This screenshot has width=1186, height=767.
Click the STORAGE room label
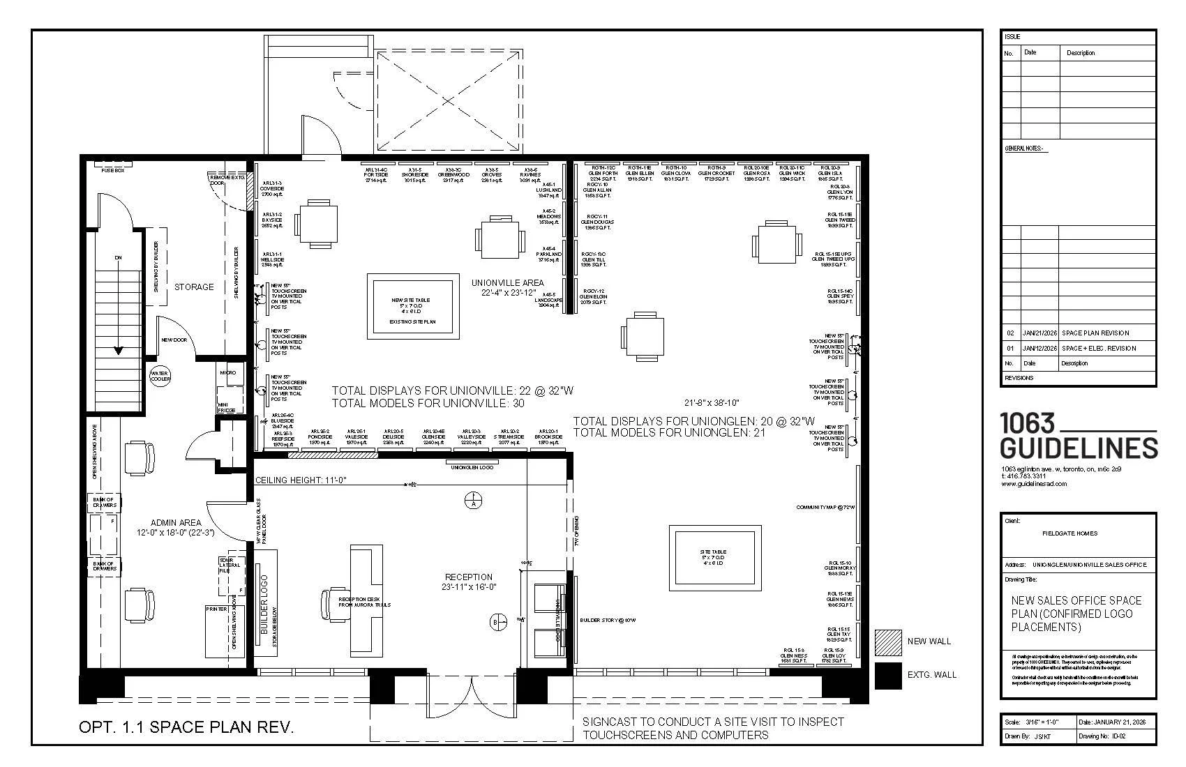[x=194, y=287]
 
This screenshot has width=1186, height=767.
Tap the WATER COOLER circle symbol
[x=160, y=377]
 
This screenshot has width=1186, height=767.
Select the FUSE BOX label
[x=112, y=170]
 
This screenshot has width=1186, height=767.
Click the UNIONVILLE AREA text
[x=507, y=282]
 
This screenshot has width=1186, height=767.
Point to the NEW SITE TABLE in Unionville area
[x=413, y=305]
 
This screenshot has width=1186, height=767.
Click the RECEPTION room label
[x=469, y=577]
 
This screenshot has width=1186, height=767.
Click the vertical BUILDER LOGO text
[x=264, y=605]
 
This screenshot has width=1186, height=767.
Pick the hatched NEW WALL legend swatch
[x=888, y=642]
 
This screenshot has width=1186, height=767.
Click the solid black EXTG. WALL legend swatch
[x=888, y=676]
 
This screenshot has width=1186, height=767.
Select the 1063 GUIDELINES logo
[x=1078, y=436]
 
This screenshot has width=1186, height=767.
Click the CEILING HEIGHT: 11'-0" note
[x=300, y=480]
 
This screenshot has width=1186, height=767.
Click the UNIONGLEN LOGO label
[x=472, y=467]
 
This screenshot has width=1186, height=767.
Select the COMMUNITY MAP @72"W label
[x=825, y=508]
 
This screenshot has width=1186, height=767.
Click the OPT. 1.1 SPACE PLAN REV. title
[x=186, y=727]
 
